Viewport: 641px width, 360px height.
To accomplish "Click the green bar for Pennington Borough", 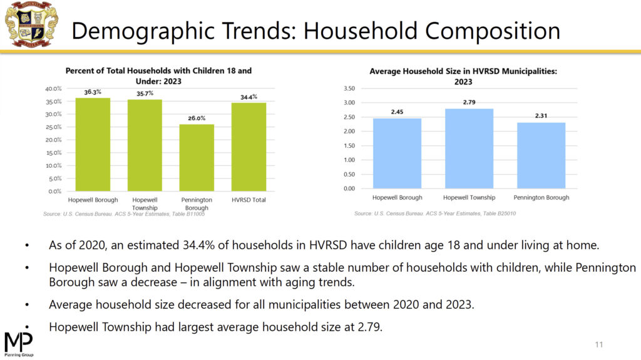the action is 197,158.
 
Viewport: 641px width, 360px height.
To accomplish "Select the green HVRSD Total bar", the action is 249,147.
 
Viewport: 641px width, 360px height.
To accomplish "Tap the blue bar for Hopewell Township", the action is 469,148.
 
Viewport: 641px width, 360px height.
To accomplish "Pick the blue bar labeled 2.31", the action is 541,155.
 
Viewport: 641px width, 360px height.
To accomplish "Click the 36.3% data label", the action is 93,92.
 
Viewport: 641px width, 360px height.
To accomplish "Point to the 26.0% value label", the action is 197,118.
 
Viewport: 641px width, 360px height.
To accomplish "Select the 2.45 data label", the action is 397,111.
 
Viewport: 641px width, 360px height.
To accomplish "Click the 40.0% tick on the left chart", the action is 53,89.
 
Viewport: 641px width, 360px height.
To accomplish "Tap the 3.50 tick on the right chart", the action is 349,88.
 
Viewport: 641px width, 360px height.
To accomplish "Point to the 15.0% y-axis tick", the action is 54,153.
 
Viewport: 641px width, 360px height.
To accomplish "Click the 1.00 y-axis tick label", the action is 349,160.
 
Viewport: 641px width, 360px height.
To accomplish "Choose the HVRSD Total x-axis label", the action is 249,200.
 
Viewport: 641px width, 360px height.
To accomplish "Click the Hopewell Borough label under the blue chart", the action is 397,197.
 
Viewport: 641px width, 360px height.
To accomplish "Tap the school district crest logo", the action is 31,24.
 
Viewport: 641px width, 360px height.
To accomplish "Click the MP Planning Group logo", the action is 19,344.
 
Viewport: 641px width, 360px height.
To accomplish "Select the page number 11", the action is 599,344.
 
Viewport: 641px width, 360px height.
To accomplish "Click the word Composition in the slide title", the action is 492,31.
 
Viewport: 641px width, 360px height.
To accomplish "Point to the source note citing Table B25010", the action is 435,213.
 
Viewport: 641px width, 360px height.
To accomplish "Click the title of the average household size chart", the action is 463,76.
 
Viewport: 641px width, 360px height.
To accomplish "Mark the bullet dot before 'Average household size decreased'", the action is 27,305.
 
